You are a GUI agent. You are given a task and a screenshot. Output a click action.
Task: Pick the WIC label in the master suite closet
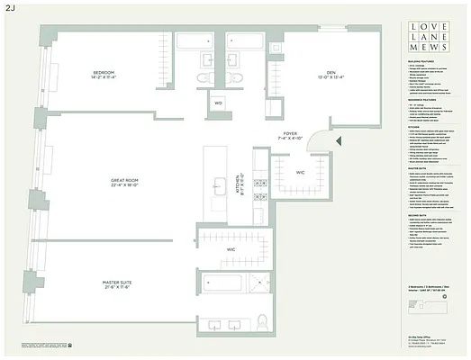click(x=231, y=248)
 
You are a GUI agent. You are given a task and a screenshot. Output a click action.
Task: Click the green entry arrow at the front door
click(x=338, y=140)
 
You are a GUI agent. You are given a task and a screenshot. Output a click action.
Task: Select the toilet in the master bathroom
click(x=262, y=321)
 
